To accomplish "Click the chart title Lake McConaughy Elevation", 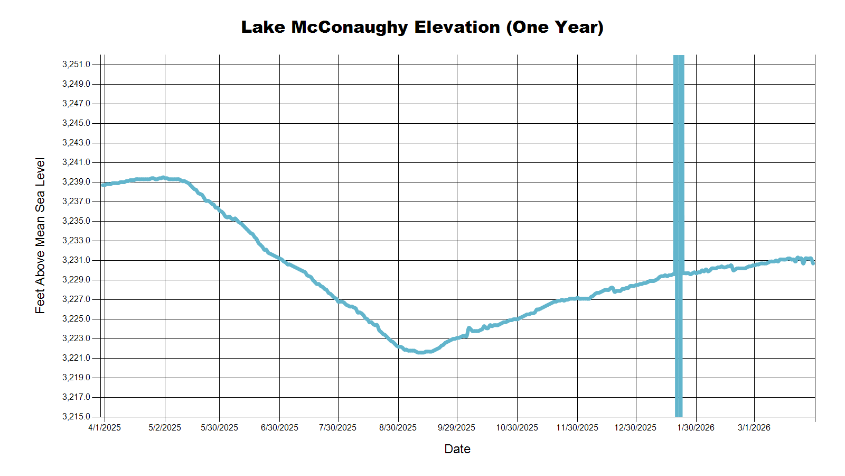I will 422,27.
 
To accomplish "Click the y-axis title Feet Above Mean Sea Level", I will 40,235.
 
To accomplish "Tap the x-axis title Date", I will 457,449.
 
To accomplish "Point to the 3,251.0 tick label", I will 76,65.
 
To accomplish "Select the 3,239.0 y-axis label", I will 76,182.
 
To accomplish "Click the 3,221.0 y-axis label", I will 76,358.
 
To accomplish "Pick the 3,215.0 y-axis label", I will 76,417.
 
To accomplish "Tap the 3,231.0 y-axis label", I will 76,260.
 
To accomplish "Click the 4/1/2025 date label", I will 105,427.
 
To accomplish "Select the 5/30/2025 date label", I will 219,427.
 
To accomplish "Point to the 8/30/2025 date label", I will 398,427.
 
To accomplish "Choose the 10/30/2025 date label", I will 517,427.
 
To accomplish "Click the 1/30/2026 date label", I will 696,427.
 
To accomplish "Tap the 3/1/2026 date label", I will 754,427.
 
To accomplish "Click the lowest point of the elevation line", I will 420,352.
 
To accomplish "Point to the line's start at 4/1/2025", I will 103,185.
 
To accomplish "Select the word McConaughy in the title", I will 350,27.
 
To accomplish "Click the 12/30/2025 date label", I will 635,427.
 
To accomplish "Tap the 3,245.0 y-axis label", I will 76,123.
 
